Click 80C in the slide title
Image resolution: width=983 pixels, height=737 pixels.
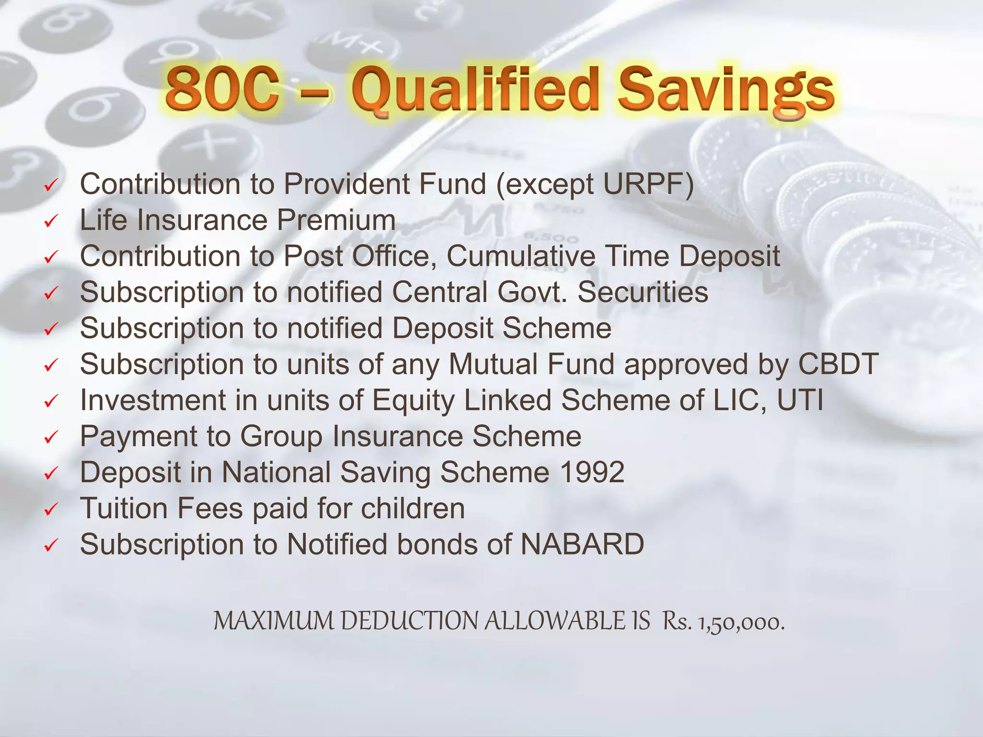click(x=222, y=89)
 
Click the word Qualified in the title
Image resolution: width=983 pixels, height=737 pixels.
click(x=475, y=91)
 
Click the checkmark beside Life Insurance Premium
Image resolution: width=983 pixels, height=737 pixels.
click(x=51, y=221)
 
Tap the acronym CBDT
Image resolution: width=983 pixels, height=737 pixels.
click(x=838, y=364)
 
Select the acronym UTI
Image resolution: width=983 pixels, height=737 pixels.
click(x=800, y=400)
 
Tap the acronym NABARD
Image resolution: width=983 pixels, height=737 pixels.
click(x=582, y=544)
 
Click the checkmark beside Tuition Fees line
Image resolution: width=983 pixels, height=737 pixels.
click(x=51, y=510)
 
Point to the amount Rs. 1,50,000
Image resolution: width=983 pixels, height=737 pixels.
click(x=723, y=622)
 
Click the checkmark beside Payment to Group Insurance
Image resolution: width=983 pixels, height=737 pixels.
click(x=51, y=438)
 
